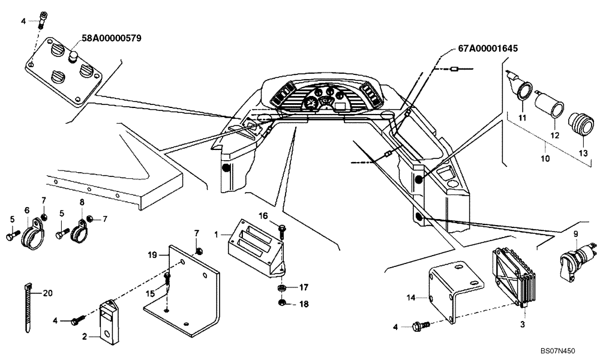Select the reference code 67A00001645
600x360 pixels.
[x=487, y=48]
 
